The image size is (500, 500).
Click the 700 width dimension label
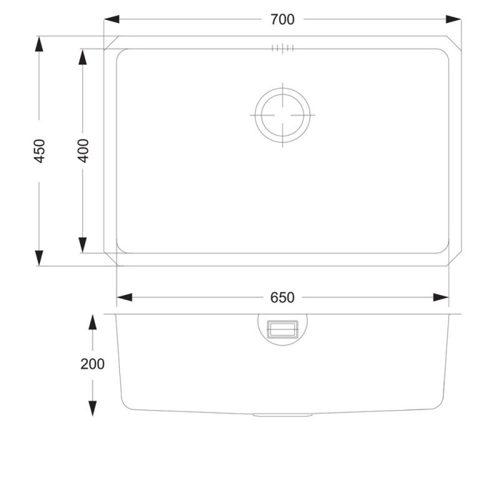tap(282, 19)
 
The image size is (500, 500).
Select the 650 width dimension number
tap(282, 297)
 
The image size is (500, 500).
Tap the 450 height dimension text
tap(39, 151)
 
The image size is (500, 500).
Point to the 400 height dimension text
tap(83, 151)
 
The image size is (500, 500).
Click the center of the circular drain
tap(282, 116)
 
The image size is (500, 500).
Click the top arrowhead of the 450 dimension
tap(39, 44)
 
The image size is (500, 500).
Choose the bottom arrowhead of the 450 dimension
tap(39, 258)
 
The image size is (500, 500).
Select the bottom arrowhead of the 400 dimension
tap(83, 246)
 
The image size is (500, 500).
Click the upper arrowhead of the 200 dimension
tap(92, 322)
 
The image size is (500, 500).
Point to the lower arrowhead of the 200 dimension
tap(92, 408)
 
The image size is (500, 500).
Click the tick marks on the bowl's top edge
tap(282, 48)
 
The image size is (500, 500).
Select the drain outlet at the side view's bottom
tap(282, 414)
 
